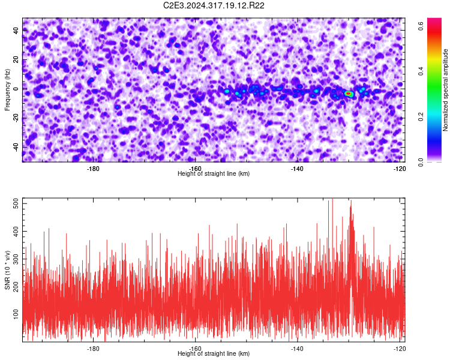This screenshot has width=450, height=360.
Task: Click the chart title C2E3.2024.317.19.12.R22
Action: tap(214, 5)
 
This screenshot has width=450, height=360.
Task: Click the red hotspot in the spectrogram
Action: tap(348, 94)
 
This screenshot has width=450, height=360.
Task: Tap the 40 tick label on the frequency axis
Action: tap(16, 31)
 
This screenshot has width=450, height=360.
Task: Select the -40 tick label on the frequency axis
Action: tap(16, 147)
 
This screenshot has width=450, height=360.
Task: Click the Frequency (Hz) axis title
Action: tap(7, 90)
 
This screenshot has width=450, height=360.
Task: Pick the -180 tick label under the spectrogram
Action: tap(92, 169)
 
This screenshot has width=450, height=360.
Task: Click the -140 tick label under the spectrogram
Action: tap(297, 169)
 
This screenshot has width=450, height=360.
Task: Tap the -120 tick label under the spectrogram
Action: tap(399, 169)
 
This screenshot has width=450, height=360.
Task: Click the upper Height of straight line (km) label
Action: tap(214, 173)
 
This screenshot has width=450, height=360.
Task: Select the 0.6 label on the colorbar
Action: tap(421, 26)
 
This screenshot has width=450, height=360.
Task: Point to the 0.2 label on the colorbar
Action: tap(421, 116)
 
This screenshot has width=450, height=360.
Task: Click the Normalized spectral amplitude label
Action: tap(445, 90)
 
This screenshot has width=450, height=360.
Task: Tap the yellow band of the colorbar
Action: tap(434, 59)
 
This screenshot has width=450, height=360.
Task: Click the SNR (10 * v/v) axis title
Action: tap(7, 270)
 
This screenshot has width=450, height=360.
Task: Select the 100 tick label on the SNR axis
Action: tap(16, 314)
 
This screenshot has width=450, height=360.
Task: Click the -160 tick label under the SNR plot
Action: tap(195, 349)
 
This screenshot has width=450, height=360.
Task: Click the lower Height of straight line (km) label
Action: tap(214, 353)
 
